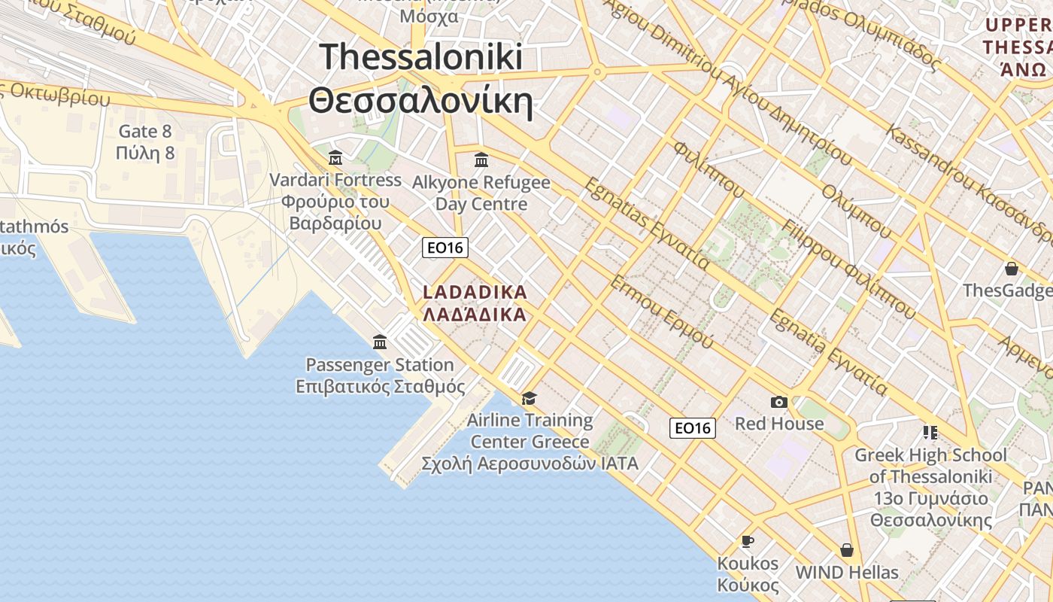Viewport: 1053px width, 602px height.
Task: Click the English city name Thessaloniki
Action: click(x=420, y=57)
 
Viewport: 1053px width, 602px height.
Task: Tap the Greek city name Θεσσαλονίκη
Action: click(x=420, y=100)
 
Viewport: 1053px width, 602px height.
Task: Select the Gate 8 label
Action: click(x=145, y=132)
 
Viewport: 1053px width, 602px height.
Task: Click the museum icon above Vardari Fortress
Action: click(x=335, y=158)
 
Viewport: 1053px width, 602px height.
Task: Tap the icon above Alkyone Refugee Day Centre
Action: click(x=481, y=160)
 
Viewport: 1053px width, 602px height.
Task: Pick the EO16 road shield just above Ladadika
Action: click(x=445, y=248)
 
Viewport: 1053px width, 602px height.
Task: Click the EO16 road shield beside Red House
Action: click(x=692, y=428)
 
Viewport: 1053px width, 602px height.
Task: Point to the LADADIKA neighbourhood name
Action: click(x=475, y=292)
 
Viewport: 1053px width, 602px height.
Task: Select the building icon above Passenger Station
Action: click(x=380, y=342)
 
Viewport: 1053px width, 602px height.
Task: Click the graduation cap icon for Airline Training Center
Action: click(x=530, y=398)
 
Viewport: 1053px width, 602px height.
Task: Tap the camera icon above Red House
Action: click(x=779, y=403)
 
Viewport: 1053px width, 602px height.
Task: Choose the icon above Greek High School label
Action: click(x=930, y=433)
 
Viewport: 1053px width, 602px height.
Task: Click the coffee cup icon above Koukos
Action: click(x=748, y=541)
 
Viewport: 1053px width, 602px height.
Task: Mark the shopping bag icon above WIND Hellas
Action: click(x=847, y=550)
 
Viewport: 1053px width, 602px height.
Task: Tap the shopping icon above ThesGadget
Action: click(x=1012, y=269)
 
